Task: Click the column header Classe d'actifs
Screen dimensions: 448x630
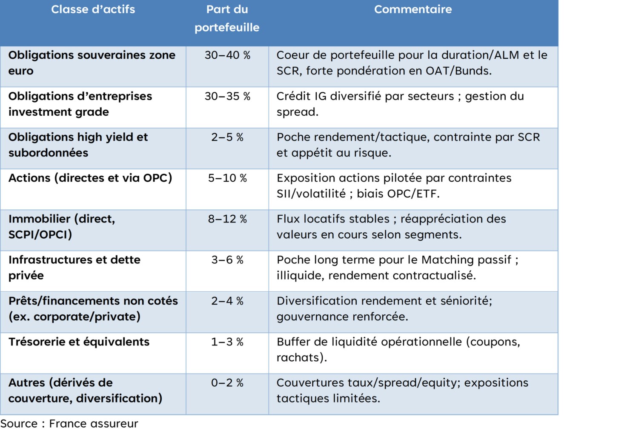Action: [93, 9]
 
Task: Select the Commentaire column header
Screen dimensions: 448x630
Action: [412, 9]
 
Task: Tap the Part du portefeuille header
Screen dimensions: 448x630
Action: [227, 18]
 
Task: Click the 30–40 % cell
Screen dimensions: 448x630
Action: [227, 55]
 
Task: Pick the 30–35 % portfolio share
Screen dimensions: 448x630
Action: [227, 96]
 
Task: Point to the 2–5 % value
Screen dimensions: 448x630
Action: [227, 137]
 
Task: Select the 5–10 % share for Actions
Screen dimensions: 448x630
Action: [227, 178]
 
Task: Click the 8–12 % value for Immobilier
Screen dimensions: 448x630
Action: [227, 219]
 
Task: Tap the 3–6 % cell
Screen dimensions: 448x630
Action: [227, 260]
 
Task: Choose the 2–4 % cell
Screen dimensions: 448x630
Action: [227, 301]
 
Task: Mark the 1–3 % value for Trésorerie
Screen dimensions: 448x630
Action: [227, 342]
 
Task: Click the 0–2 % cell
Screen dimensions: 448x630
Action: [227, 382]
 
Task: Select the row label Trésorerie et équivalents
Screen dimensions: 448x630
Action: [79, 342]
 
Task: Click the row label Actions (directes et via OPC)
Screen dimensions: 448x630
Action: [90, 178]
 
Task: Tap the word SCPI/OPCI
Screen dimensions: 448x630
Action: [40, 234]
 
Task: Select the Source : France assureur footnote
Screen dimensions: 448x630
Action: [69, 424]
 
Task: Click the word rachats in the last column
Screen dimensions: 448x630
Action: [301, 357]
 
